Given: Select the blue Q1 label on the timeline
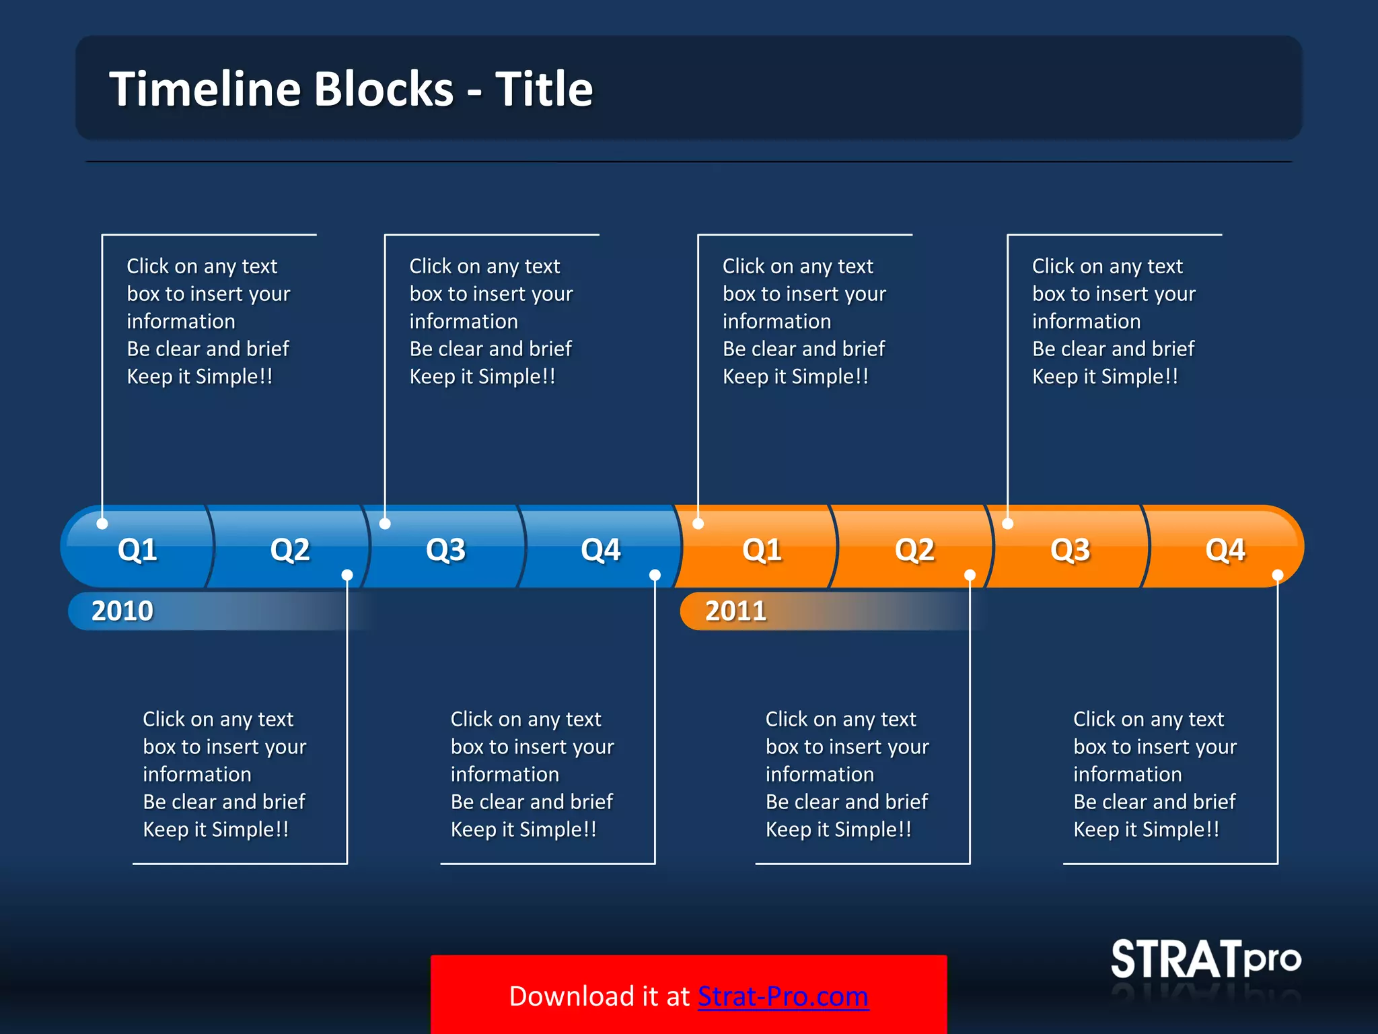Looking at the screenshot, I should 137,550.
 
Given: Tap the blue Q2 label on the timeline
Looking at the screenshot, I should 290,550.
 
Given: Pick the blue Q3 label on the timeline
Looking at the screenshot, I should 445,550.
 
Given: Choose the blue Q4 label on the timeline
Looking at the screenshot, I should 600,550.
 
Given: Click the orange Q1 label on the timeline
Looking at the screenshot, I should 762,550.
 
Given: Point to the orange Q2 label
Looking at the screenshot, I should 914,550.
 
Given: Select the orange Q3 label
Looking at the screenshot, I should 1070,550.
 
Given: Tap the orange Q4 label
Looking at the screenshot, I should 1225,550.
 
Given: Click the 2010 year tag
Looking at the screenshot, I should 122,611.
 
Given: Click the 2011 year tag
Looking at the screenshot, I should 735,611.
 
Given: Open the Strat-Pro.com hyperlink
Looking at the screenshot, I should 783,996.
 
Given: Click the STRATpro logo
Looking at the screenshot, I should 1205,959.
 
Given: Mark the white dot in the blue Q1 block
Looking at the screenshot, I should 102,523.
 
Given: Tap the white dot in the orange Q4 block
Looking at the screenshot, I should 1278,575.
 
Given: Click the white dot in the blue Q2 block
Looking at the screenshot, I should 347,575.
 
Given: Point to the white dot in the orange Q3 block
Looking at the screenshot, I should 1008,523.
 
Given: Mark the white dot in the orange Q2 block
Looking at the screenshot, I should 970,575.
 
